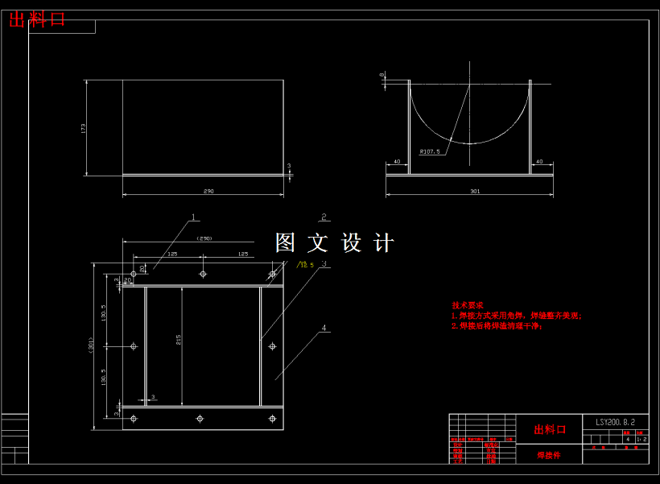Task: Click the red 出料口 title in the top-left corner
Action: coord(37,20)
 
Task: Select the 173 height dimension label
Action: coord(83,127)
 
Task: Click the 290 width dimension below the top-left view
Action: coord(208,191)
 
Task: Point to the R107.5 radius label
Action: coord(429,151)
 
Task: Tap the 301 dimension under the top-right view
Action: coord(474,191)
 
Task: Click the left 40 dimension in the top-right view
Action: coord(396,162)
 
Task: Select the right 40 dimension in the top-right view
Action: coord(538,162)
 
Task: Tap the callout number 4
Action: coord(324,329)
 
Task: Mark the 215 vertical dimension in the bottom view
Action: coord(177,339)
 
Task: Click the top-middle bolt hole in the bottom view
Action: coord(203,274)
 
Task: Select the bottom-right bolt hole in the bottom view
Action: coord(272,418)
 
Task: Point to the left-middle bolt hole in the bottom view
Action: coord(134,346)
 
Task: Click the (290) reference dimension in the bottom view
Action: coord(204,238)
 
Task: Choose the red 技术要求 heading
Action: coord(468,306)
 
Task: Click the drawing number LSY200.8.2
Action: coord(616,422)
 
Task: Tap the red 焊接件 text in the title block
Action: coord(550,455)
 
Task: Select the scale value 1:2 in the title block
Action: coord(641,440)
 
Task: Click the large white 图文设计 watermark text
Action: coord(335,243)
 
